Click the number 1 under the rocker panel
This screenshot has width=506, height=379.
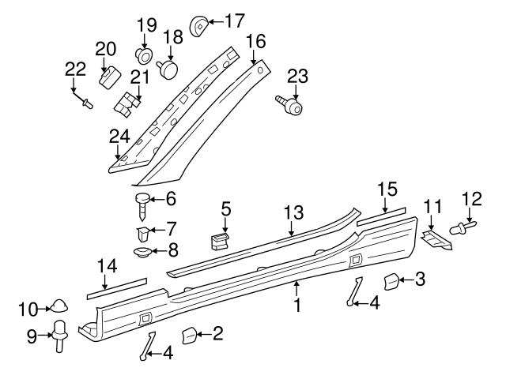298,304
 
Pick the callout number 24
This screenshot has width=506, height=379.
119,137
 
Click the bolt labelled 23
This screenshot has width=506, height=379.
289,103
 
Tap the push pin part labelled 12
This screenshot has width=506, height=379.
459,229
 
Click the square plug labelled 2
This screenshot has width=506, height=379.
189,335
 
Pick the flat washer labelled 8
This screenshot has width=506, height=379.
143,253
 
